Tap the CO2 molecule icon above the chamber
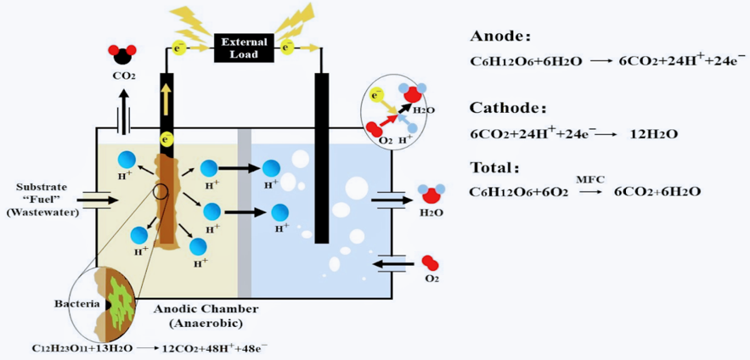[x=124, y=55]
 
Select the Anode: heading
[x=500, y=37]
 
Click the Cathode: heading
[x=506, y=108]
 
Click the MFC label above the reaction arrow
[x=588, y=179]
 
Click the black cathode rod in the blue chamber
[x=322, y=157]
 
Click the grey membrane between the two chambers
[x=245, y=212]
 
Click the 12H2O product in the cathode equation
[x=652, y=134]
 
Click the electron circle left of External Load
[x=179, y=48]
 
